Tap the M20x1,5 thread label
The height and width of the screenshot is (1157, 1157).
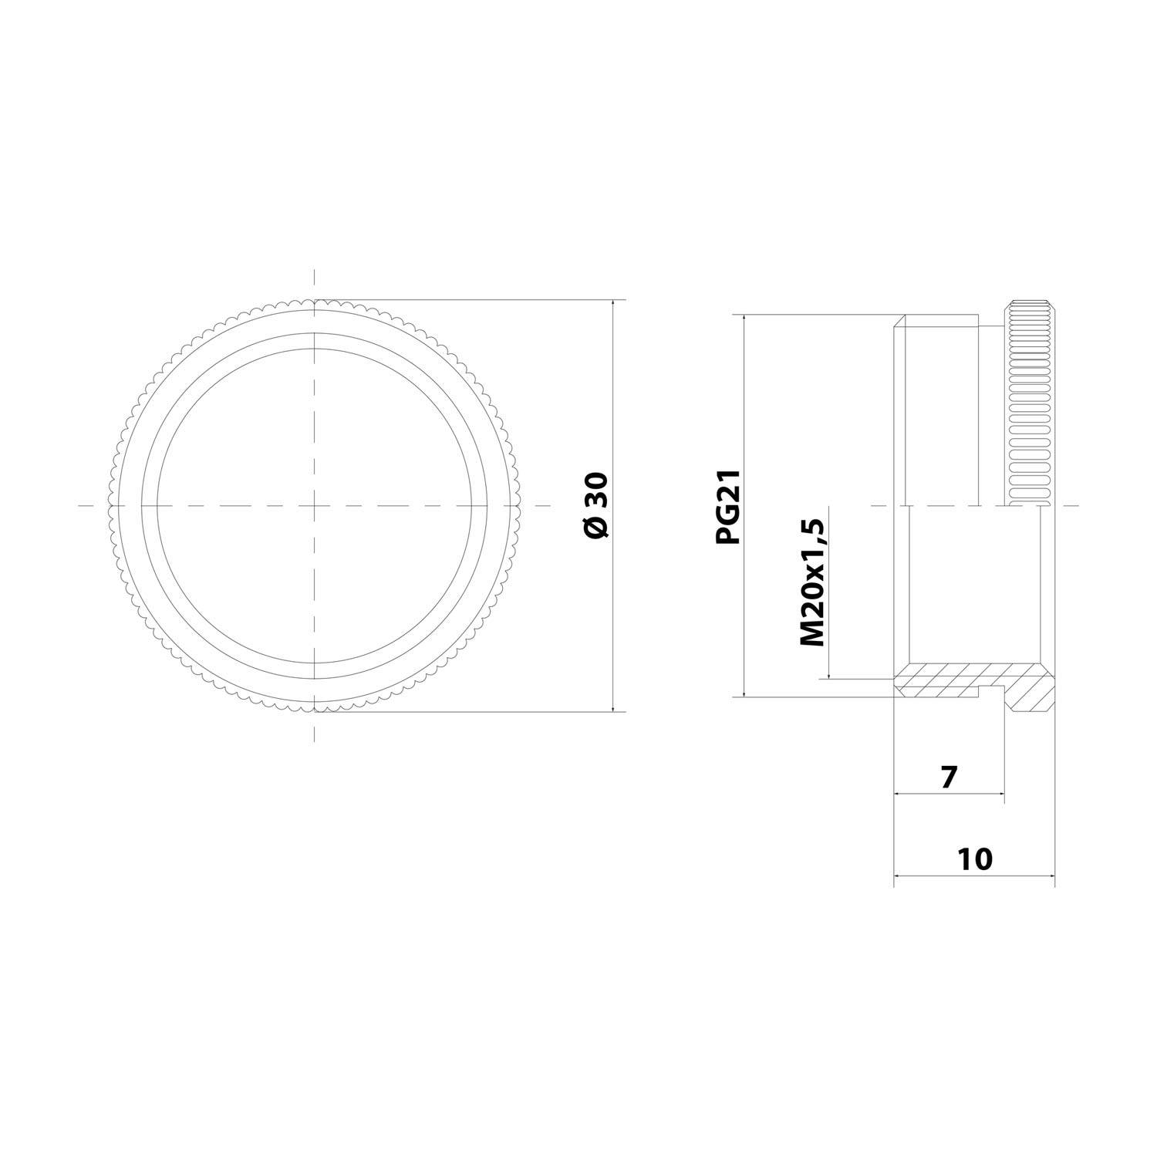tap(812, 583)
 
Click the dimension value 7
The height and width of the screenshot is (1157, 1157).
tap(949, 777)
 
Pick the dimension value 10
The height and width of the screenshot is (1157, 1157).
tap(975, 859)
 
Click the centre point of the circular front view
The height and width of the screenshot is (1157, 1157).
tap(314, 506)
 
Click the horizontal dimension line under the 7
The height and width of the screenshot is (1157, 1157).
tap(949, 793)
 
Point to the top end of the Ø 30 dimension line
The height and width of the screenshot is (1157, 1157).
tap(613, 300)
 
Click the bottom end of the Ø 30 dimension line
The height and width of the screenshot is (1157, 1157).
tap(613, 710)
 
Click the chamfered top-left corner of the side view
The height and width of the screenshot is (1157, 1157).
tap(899, 320)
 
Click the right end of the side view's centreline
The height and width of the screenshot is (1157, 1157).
tap(1077, 506)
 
